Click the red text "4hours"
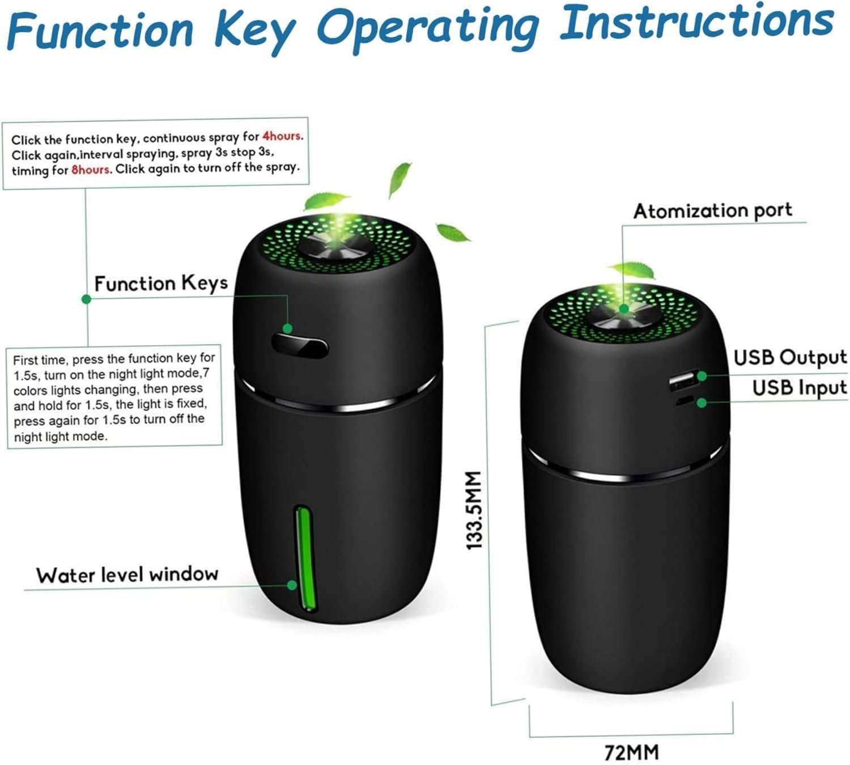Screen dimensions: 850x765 (x=282, y=136)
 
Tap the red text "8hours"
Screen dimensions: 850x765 (x=91, y=170)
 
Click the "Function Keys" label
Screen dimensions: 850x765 (x=161, y=284)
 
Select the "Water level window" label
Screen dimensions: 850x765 (x=127, y=574)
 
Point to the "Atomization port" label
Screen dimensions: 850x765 (x=713, y=211)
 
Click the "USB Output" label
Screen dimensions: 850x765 (x=790, y=357)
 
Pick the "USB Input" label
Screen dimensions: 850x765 (x=800, y=388)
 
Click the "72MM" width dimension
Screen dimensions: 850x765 (x=631, y=753)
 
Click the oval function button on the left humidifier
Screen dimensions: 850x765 (x=300, y=346)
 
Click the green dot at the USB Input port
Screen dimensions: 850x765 (x=702, y=403)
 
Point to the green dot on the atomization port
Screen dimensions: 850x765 (x=623, y=308)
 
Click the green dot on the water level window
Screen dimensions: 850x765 (x=292, y=585)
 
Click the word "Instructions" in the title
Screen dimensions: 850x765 (x=696, y=22)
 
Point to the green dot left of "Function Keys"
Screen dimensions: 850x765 (x=87, y=299)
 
